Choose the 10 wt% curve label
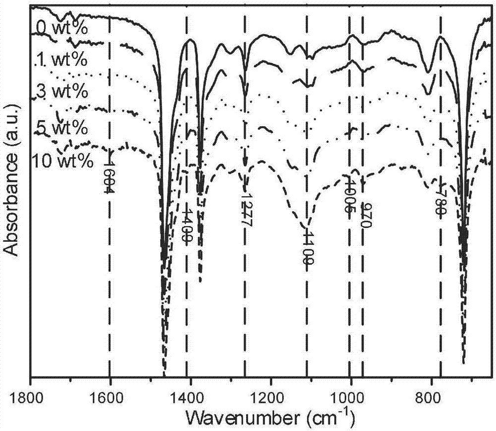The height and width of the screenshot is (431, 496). [x=62, y=162]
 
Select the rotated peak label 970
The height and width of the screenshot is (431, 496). [x=366, y=215]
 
